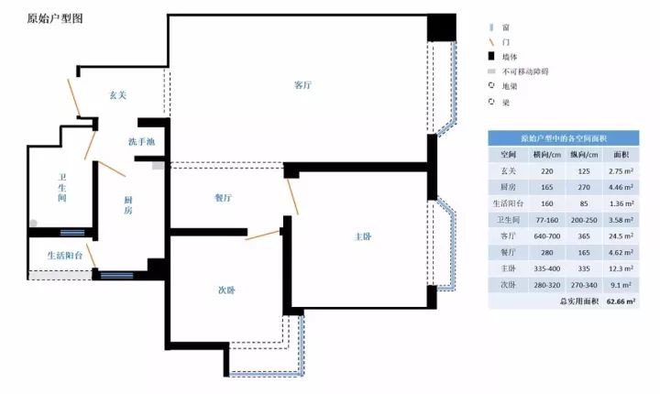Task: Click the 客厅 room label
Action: tap(302, 85)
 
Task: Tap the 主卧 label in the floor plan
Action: tap(363, 236)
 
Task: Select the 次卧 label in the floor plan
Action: tap(226, 290)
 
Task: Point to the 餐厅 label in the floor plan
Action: tap(223, 197)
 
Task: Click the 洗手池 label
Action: tap(141, 141)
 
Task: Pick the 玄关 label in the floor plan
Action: tap(118, 95)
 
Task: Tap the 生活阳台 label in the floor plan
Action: tap(65, 255)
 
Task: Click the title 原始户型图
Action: tap(55, 18)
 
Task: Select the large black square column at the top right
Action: tap(442, 27)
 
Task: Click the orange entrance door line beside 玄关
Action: tap(73, 98)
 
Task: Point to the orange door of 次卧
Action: tap(263, 235)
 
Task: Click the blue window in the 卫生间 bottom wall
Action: tap(72, 233)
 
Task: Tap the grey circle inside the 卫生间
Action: tap(33, 223)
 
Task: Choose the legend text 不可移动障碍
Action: tap(525, 71)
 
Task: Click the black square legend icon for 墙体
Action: tap(491, 57)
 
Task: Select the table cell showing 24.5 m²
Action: tap(621, 236)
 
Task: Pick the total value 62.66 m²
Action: tap(621, 301)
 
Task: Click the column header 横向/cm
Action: tap(546, 155)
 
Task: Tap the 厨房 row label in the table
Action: tap(508, 187)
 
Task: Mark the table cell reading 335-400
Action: tap(546, 268)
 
